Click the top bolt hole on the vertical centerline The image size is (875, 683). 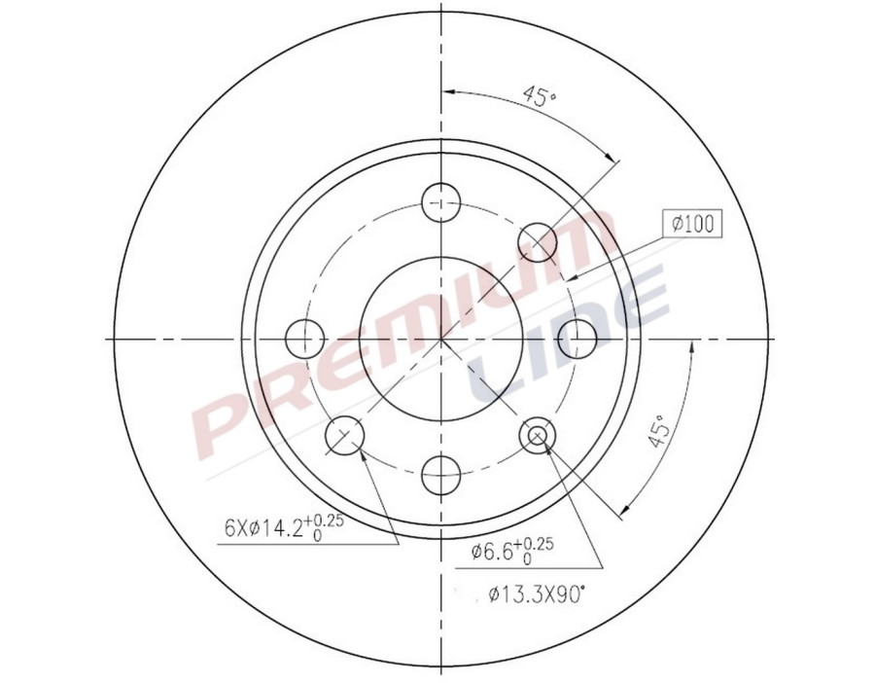(440, 202)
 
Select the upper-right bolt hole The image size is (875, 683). (537, 240)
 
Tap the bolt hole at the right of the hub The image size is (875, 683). (577, 338)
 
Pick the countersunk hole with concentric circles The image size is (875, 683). (538, 435)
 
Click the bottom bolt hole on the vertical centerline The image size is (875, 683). (440, 474)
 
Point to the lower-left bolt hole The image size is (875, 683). (343, 435)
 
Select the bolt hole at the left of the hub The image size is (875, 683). (304, 338)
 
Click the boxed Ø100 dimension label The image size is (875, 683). (692, 224)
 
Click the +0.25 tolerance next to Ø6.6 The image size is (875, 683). (536, 544)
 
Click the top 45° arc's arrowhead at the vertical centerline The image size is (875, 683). (447, 92)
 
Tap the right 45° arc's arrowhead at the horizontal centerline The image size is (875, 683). (691, 346)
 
